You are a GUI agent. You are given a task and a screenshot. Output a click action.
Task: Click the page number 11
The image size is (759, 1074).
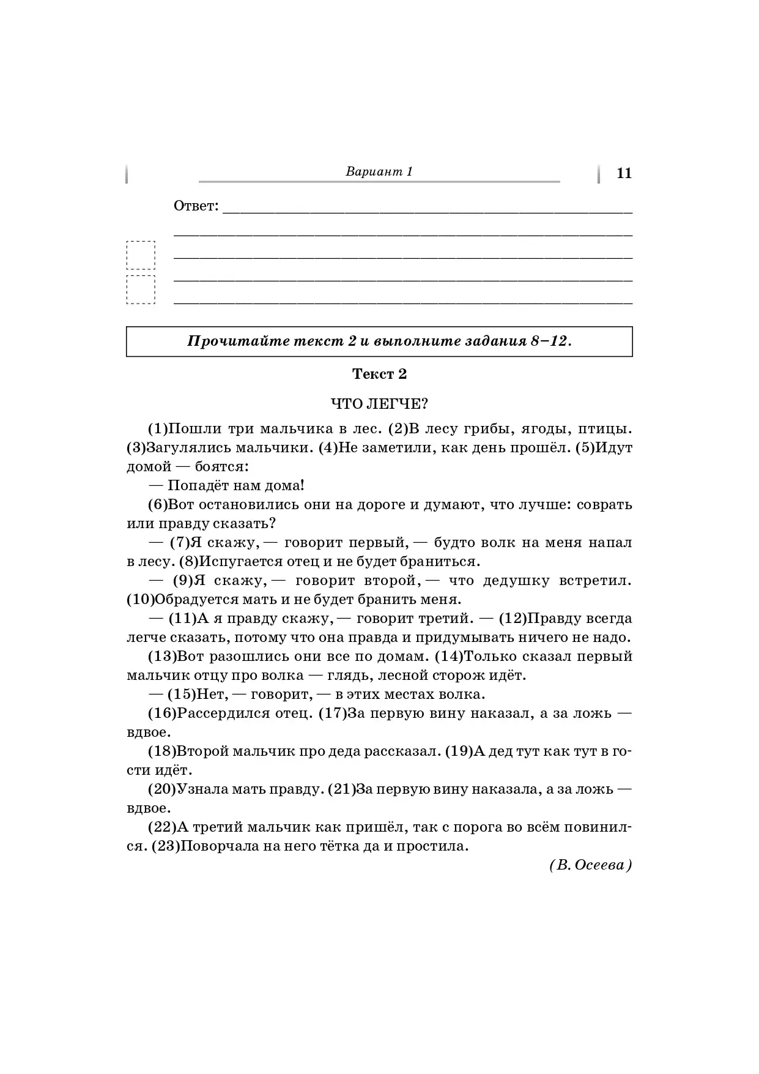coord(624,173)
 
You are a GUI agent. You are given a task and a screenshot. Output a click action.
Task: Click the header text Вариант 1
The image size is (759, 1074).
coord(379,171)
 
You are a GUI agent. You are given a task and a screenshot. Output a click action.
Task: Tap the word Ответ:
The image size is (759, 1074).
coord(196,206)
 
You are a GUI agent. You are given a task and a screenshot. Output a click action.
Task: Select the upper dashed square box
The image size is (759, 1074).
coord(141,255)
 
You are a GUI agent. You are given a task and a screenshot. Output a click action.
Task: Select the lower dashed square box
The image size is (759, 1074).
coord(141,289)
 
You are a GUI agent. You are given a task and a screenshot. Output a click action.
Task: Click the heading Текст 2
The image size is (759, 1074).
coord(379,374)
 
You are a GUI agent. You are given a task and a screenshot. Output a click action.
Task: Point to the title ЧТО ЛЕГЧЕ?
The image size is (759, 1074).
coord(379,404)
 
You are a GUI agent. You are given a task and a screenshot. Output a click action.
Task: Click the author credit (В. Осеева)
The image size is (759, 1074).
coord(590,865)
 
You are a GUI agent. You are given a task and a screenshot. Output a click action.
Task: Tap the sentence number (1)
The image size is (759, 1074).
coord(158,428)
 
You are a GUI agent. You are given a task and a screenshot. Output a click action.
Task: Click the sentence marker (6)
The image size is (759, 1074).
coord(158,505)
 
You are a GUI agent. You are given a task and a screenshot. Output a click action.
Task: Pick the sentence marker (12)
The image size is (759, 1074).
coord(513,619)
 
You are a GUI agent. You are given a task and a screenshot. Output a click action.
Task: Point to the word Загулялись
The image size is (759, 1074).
coord(187,447)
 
